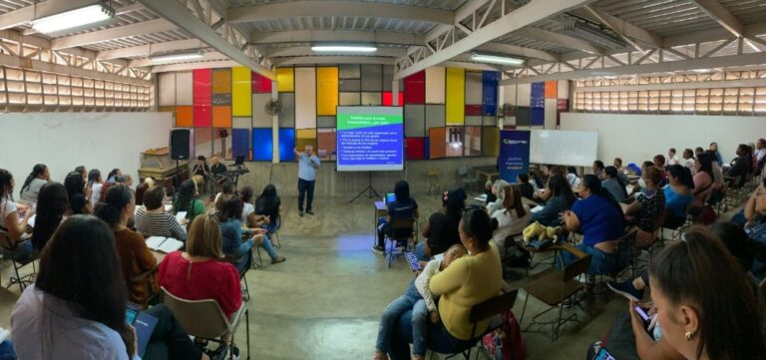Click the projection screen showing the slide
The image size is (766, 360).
coord(369,138)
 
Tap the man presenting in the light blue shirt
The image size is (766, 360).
coord(307,178)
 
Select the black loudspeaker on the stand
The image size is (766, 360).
coord(180,144)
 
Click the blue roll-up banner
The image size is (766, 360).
coord(514,155)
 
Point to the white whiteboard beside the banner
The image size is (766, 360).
coord(564,148)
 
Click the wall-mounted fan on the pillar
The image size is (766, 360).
coord(272,107)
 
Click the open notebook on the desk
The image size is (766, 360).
coord(164,243)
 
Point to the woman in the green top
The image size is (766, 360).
coord(187,199)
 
